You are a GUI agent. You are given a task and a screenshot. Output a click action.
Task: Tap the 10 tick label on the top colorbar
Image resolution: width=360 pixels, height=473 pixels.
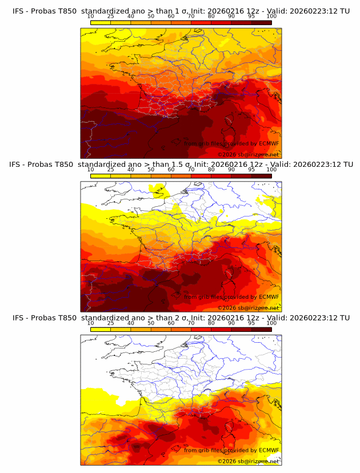pyautogui.click(x=90, y=16)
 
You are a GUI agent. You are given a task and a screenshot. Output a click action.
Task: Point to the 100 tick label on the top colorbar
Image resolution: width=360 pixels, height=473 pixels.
pyautogui.click(x=271, y=16)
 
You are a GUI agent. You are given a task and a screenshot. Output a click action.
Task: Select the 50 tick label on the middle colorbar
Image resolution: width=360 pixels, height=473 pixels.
pyautogui.click(x=151, y=170)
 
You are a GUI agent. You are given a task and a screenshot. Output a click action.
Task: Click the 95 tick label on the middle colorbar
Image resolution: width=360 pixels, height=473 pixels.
pyautogui.click(x=251, y=170)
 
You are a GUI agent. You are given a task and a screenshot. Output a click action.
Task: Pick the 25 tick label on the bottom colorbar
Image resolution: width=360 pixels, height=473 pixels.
pyautogui.click(x=110, y=323)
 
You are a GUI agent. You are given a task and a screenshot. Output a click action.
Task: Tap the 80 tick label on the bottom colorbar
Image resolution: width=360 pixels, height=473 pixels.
pyautogui.click(x=211, y=323)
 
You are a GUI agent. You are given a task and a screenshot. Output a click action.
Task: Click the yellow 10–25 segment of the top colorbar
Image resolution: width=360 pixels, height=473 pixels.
pyautogui.click(x=101, y=22)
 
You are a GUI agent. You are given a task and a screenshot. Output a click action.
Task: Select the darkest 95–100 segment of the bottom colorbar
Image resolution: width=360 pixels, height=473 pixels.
pyautogui.click(x=261, y=329)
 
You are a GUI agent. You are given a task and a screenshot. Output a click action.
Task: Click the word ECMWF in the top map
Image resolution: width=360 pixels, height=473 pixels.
pyautogui.click(x=269, y=143)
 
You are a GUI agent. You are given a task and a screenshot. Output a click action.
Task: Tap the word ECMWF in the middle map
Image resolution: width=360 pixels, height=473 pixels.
pyautogui.click(x=269, y=296)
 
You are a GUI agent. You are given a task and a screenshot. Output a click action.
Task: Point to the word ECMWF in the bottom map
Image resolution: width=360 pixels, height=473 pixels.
pyautogui.click(x=269, y=450)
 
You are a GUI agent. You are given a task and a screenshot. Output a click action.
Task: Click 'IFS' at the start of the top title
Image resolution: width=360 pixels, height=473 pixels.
pyautogui.click(x=18, y=11)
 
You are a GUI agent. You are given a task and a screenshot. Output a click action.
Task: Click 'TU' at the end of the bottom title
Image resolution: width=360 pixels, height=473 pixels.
pyautogui.click(x=345, y=318)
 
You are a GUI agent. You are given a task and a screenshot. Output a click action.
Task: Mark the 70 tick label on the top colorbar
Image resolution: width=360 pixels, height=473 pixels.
pyautogui.click(x=191, y=16)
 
